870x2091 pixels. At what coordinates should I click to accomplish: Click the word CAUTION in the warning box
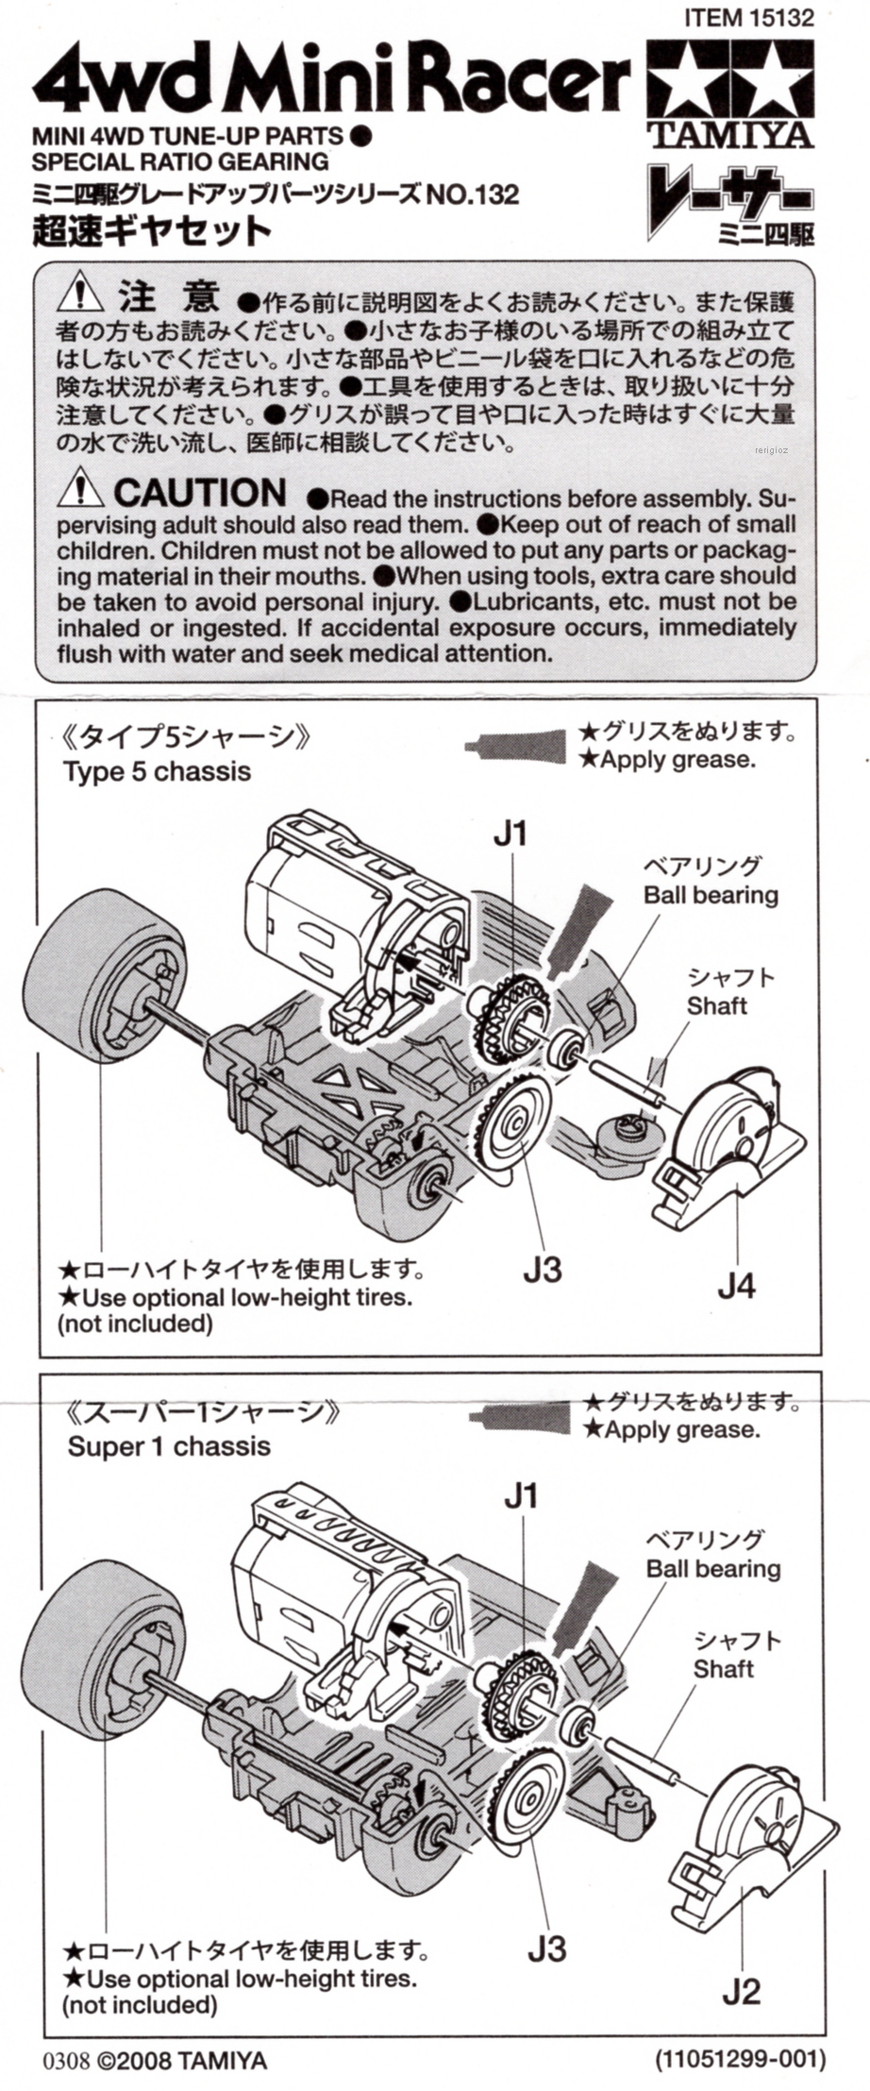point(199,493)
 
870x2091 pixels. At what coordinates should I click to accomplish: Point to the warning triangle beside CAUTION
point(80,490)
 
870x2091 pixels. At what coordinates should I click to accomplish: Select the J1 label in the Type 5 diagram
point(510,834)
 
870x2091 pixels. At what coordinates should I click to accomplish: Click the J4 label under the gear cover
point(736,1285)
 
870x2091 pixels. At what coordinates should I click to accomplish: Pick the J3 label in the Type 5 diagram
point(542,1270)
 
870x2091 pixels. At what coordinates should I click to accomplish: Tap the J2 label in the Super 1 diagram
point(741,1991)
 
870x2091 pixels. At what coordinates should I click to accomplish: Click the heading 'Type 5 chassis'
point(157,771)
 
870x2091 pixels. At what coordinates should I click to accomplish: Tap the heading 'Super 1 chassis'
point(169,1446)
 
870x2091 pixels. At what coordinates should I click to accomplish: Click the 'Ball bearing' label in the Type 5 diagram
point(711,895)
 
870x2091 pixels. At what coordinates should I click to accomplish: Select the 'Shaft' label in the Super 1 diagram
point(723,1669)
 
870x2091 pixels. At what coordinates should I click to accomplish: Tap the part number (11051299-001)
point(740,2059)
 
